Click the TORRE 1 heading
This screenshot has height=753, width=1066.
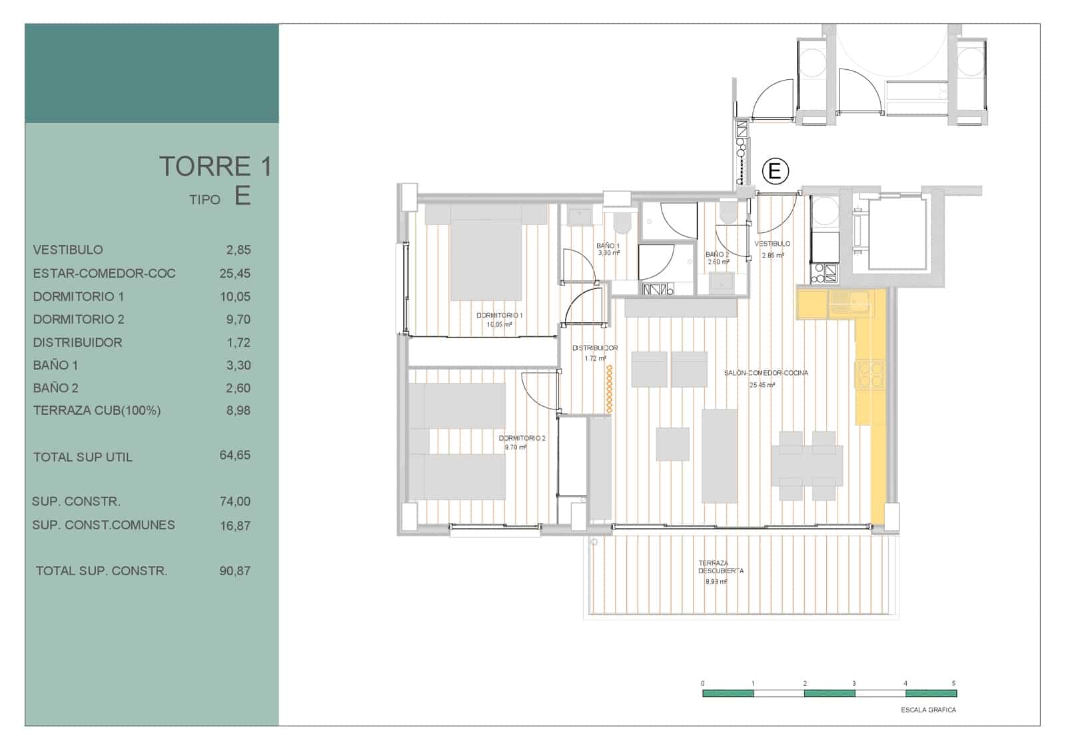pyautogui.click(x=215, y=166)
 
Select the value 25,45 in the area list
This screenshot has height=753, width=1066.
pyautogui.click(x=235, y=274)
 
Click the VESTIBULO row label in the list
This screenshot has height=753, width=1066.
pyautogui.click(x=68, y=250)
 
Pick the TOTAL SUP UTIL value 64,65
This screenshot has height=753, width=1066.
pyautogui.click(x=235, y=455)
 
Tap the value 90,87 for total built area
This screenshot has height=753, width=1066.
pyautogui.click(x=235, y=571)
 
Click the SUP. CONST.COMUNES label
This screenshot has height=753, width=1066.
pyautogui.click(x=103, y=525)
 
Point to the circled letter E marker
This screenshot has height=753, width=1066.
pyautogui.click(x=774, y=171)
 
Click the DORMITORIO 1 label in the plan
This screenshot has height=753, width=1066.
pyautogui.click(x=499, y=316)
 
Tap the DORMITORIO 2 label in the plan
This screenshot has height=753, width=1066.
pyautogui.click(x=522, y=439)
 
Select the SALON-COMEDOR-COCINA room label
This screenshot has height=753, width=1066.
pyautogui.click(x=766, y=374)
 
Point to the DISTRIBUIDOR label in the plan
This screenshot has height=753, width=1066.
pyautogui.click(x=595, y=348)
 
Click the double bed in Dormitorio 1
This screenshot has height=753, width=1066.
pyautogui.click(x=486, y=253)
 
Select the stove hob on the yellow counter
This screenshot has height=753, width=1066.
pyautogui.click(x=869, y=374)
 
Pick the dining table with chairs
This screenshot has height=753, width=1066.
pyautogui.click(x=807, y=465)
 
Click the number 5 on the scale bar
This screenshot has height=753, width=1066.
pyautogui.click(x=953, y=684)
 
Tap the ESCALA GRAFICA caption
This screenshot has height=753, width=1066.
pyautogui.click(x=928, y=710)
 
